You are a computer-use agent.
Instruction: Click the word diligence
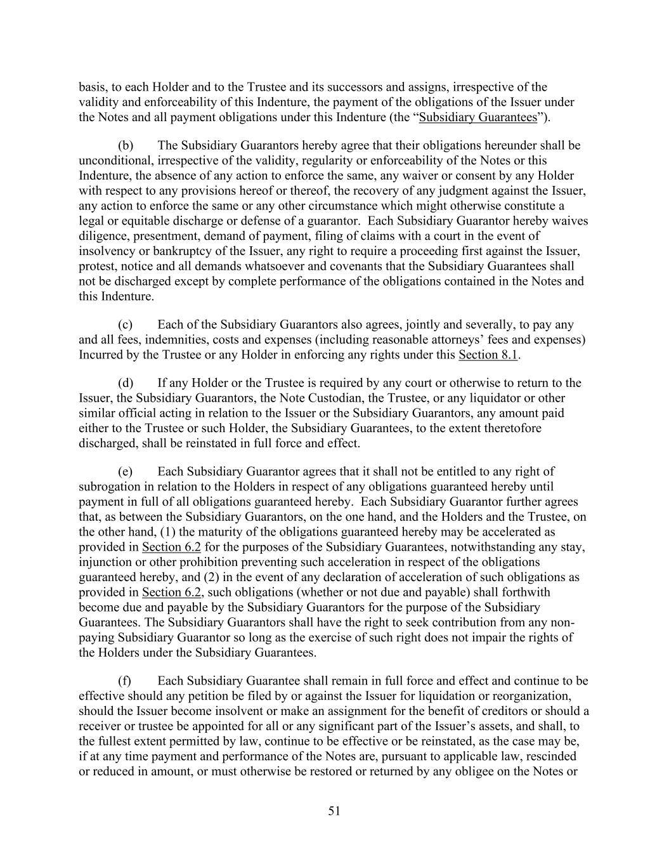click(102, 236)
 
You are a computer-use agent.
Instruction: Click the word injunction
click(103, 562)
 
